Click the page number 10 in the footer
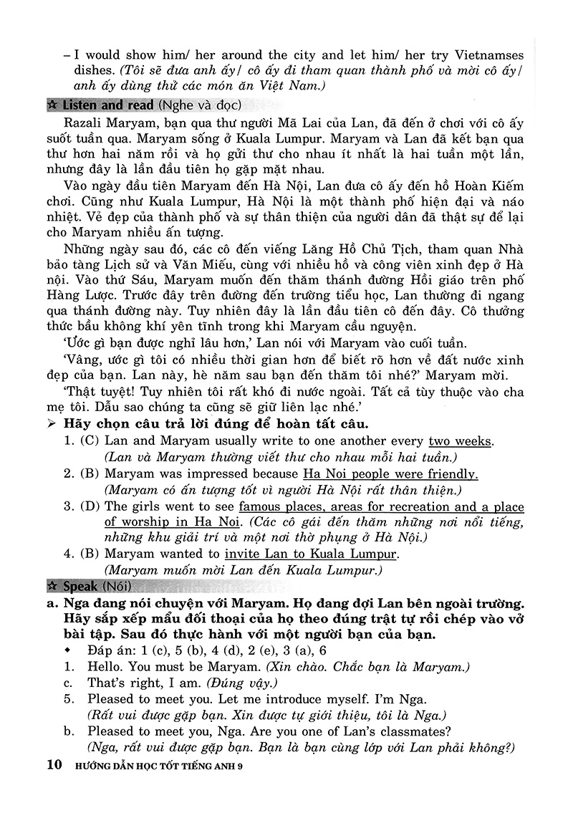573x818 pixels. (53, 766)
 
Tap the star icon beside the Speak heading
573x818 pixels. (52, 587)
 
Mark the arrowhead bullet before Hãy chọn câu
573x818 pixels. (51, 423)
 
